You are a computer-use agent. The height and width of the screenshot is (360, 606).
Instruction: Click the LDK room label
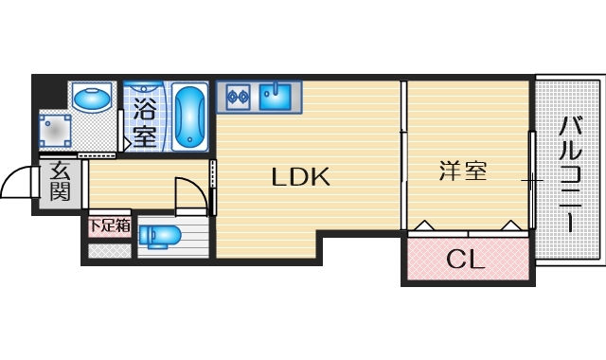click(x=300, y=176)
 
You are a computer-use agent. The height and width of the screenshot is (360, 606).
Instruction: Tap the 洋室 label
click(x=463, y=171)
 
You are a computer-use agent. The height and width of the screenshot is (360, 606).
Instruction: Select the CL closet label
click(x=465, y=259)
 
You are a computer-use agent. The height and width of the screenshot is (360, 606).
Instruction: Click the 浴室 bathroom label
click(x=145, y=120)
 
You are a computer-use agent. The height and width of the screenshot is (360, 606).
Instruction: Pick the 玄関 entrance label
click(x=60, y=183)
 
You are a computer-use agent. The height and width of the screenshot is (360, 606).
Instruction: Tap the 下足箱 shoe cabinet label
click(x=109, y=227)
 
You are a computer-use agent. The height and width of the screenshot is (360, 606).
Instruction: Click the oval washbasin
click(x=93, y=98)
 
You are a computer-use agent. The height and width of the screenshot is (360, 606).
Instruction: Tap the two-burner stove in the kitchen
click(x=237, y=95)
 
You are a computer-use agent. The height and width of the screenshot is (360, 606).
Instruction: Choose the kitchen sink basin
click(x=277, y=96)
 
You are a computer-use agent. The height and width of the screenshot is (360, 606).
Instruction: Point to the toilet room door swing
click(x=189, y=191)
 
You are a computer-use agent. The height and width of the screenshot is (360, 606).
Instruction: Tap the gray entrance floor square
click(x=59, y=184)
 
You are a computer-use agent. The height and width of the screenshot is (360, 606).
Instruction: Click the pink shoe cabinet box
click(x=109, y=228)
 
